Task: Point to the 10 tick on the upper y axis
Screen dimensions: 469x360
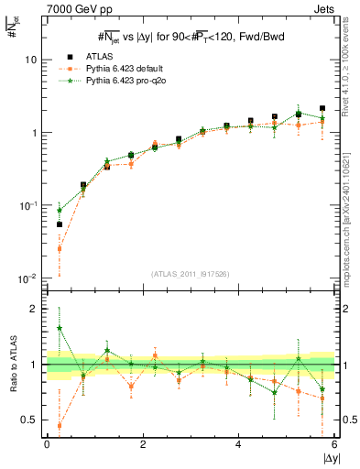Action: (30, 60)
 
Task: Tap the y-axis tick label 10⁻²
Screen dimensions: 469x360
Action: (27, 278)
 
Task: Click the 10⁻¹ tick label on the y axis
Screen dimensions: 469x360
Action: (27, 206)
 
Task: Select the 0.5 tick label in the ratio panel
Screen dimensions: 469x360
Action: (29, 420)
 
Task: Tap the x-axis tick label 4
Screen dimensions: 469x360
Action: (238, 444)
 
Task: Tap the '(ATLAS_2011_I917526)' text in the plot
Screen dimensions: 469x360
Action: (191, 274)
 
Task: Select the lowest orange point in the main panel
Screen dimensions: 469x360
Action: (60, 248)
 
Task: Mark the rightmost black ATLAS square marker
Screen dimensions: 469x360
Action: (322, 108)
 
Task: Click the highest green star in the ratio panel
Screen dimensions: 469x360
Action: (60, 327)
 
